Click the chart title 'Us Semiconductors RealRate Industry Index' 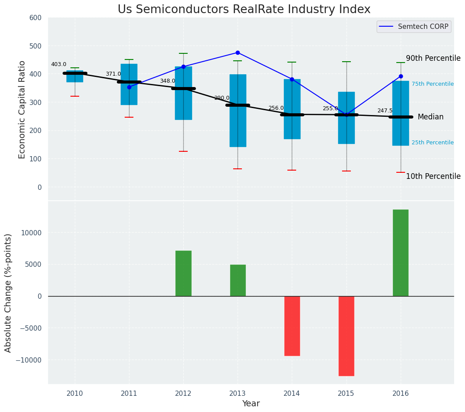(x=244, y=10)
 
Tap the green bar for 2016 (x=400, y=253)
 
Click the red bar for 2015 (x=346, y=336)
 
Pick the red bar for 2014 (x=292, y=326)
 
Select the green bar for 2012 (x=183, y=273)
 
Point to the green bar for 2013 (x=238, y=280)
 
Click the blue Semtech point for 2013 (x=238, y=52)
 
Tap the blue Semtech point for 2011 (x=129, y=87)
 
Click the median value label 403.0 (x=59, y=64)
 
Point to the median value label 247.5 (x=385, y=111)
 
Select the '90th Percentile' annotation (x=433, y=58)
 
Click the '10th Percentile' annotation (x=433, y=176)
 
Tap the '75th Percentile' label (x=432, y=84)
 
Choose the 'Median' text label (x=430, y=117)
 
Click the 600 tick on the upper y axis (x=35, y=17)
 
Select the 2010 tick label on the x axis (x=75, y=393)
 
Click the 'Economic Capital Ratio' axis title (x=22, y=109)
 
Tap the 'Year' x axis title (x=251, y=404)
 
